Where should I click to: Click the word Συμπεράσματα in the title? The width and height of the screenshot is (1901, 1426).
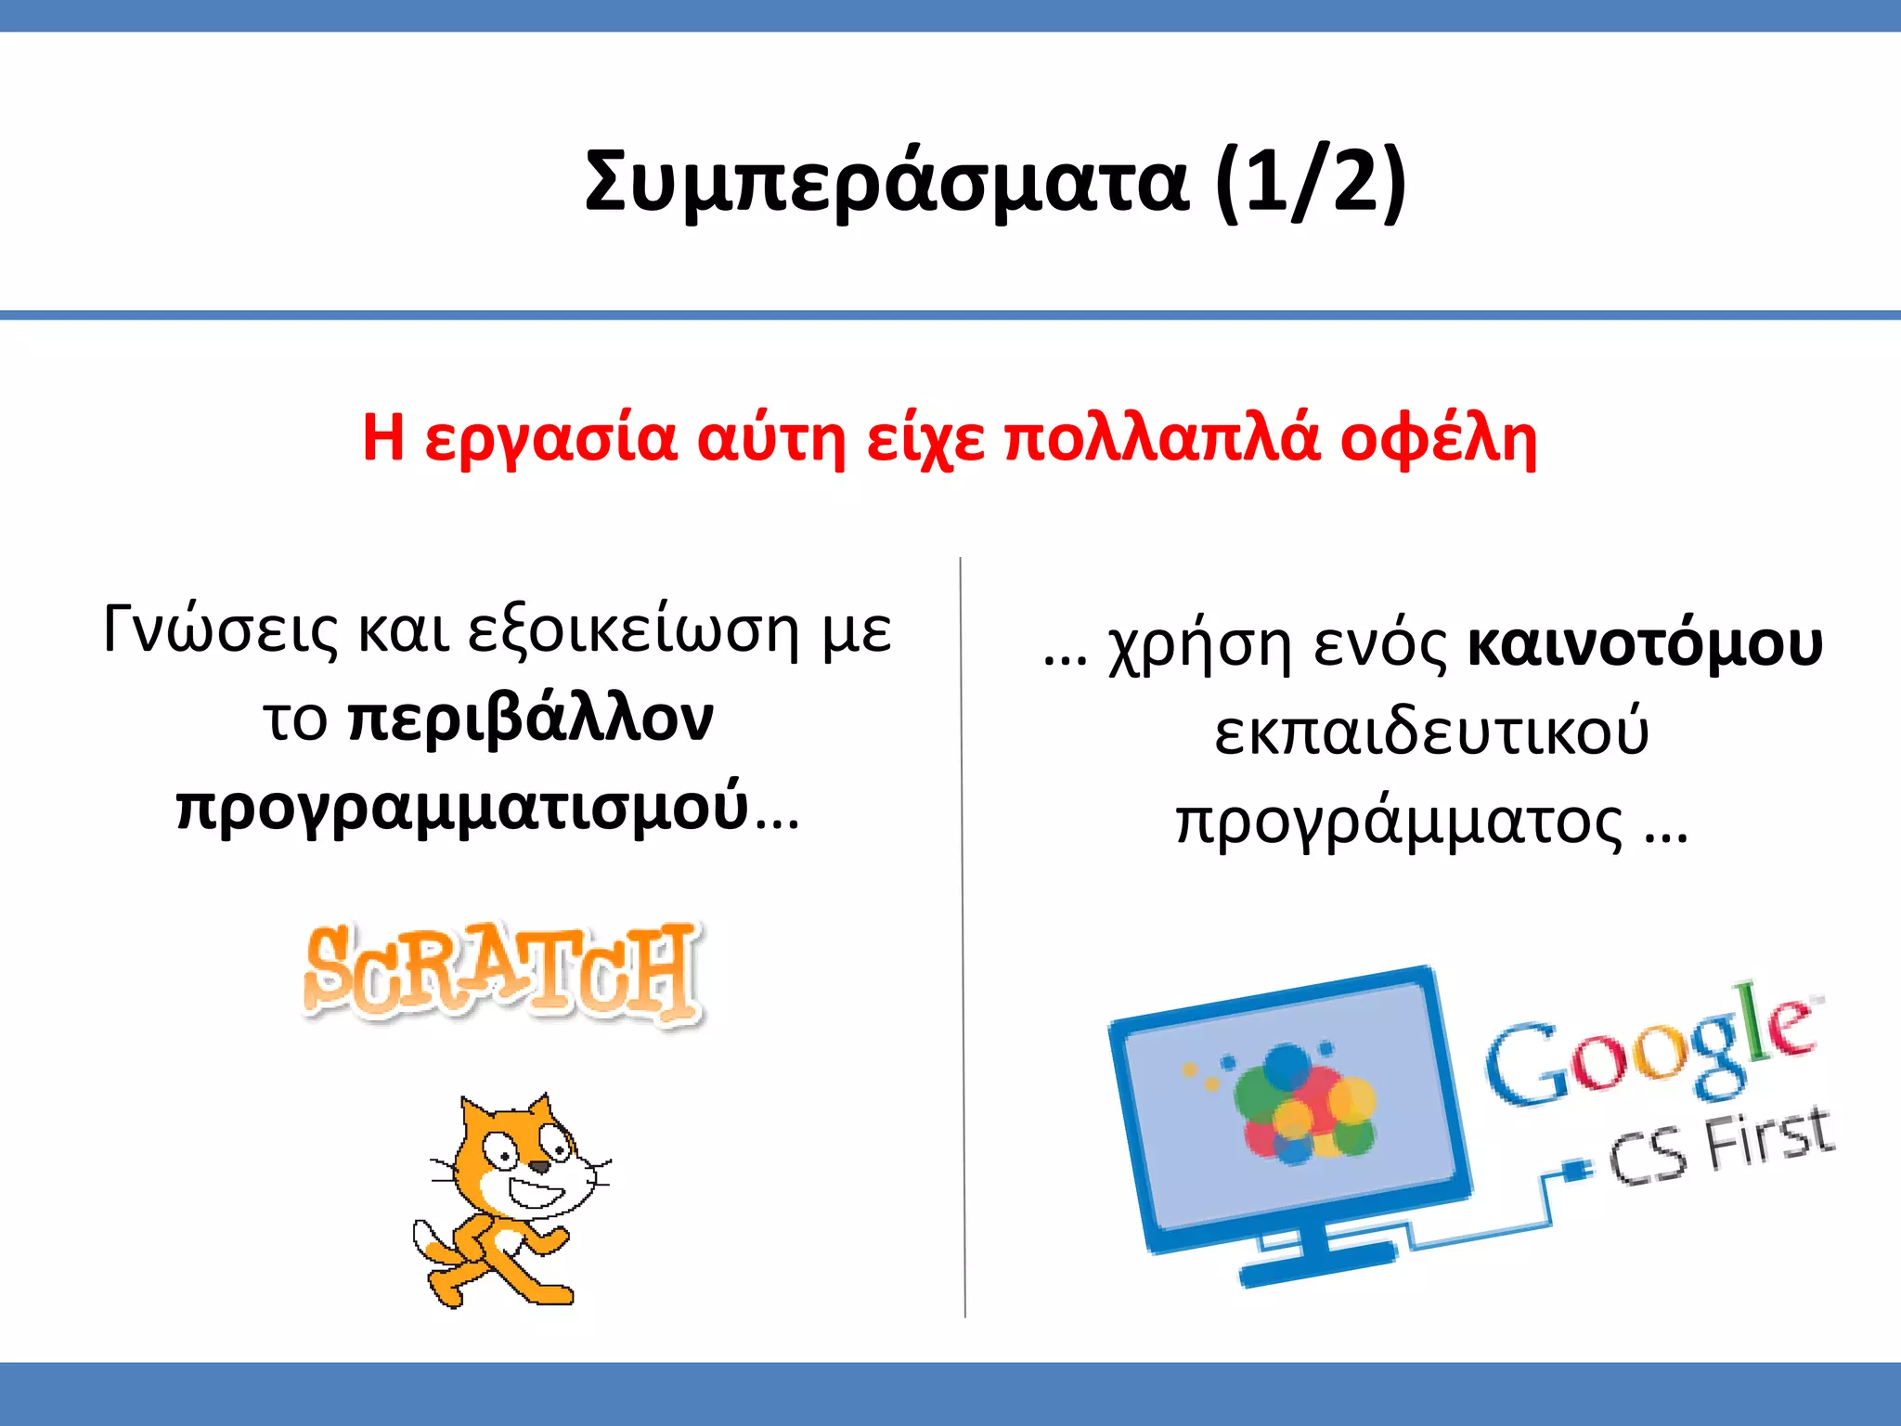click(x=886, y=181)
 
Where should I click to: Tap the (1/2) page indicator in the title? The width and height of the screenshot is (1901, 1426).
click(x=1311, y=181)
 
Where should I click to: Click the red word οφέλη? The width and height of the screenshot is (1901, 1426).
click(x=1438, y=438)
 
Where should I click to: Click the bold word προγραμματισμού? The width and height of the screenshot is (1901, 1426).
click(x=462, y=808)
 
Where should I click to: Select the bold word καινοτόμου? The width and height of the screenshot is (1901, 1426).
click(x=1645, y=645)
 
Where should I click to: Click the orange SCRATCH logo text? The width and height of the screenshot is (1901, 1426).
click(x=501, y=972)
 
